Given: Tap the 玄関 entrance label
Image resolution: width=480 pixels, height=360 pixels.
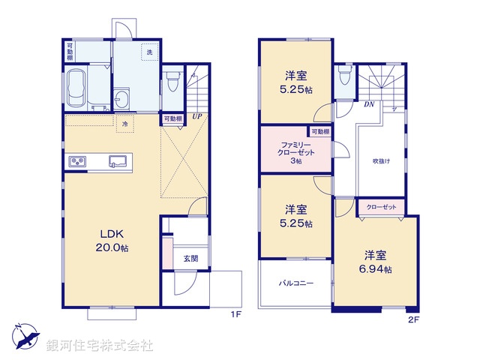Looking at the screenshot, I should tap(190, 258).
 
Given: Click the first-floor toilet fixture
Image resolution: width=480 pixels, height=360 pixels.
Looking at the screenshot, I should tap(173, 78).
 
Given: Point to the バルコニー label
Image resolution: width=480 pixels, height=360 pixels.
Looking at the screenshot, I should tap(295, 283).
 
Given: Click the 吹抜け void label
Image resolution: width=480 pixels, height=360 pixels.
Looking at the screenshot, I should tap(381, 160).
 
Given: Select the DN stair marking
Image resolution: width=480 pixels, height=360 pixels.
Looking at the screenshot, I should tap(369, 105).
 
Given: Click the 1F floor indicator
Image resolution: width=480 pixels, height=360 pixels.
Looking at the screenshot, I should tap(235, 315).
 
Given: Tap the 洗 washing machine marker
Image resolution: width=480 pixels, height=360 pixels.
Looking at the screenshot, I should tap(148, 52).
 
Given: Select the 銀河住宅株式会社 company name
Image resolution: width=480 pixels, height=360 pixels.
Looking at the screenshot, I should tap(99, 346).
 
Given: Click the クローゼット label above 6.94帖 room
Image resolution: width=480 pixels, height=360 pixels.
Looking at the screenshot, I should tap(382, 205).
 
